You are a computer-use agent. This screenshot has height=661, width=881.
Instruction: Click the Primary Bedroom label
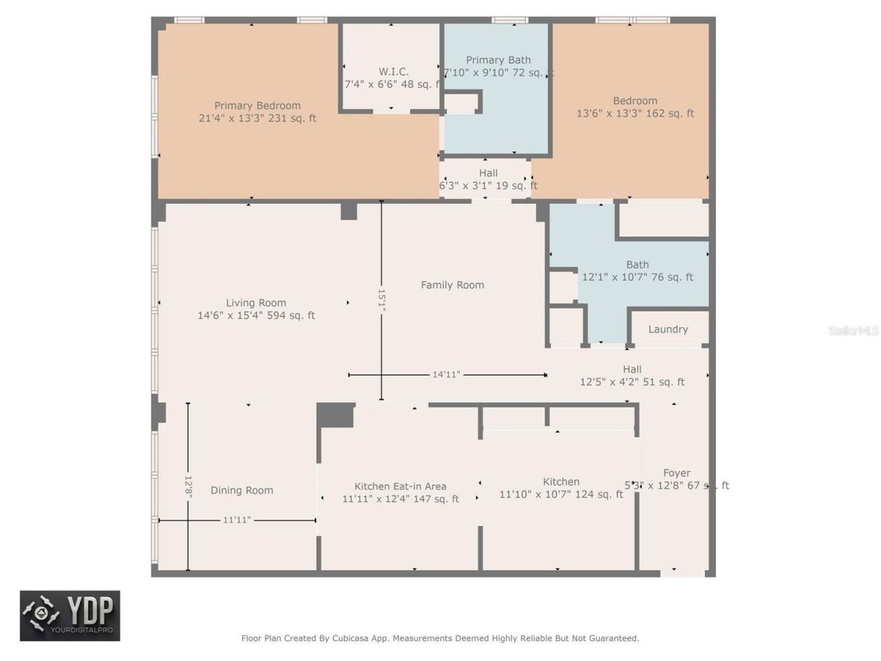(x=257, y=105)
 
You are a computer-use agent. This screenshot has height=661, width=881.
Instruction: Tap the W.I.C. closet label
(x=393, y=72)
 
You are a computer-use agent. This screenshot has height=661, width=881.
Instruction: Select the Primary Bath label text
(x=498, y=60)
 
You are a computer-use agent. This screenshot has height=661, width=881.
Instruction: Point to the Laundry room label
(x=668, y=329)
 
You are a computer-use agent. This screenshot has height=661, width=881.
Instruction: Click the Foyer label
(x=676, y=473)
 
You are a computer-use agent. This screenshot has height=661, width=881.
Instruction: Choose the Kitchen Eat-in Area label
(x=400, y=486)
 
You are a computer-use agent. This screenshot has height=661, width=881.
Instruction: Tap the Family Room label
(x=452, y=284)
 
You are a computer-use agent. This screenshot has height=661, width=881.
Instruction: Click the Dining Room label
(x=242, y=490)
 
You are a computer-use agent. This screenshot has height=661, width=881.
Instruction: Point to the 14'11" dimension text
(x=446, y=375)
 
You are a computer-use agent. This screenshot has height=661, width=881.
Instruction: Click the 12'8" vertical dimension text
(x=188, y=487)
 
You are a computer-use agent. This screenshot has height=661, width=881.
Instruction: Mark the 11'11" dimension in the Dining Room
(x=236, y=520)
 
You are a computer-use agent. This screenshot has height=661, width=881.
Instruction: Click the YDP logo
(x=70, y=616)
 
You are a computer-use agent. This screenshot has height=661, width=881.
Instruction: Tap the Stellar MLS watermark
(x=853, y=331)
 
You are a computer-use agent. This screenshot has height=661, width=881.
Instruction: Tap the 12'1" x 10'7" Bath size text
(x=637, y=277)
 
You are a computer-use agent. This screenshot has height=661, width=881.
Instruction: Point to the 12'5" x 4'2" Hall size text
(x=632, y=381)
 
